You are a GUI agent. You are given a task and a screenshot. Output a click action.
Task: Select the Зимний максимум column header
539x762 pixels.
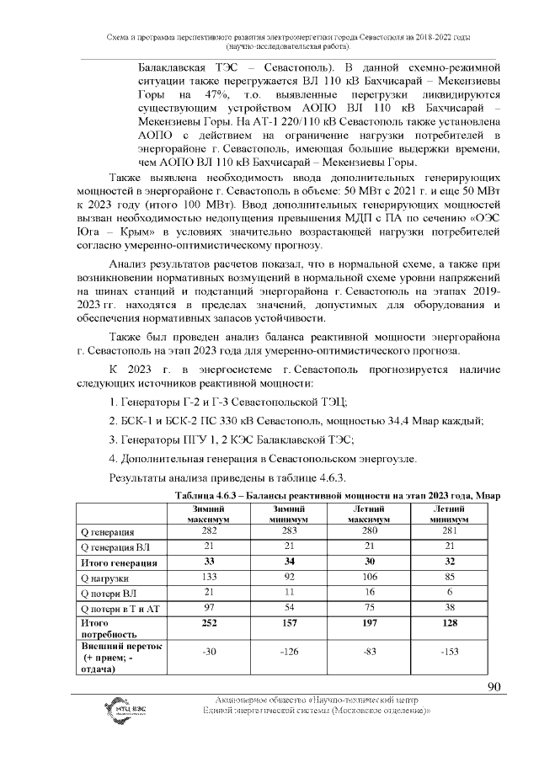(x=203, y=514)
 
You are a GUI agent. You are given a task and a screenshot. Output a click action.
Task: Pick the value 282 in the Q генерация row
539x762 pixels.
(x=203, y=531)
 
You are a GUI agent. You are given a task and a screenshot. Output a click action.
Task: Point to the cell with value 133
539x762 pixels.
(x=203, y=578)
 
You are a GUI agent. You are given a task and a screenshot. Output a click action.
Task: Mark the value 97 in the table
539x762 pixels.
(x=203, y=609)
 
